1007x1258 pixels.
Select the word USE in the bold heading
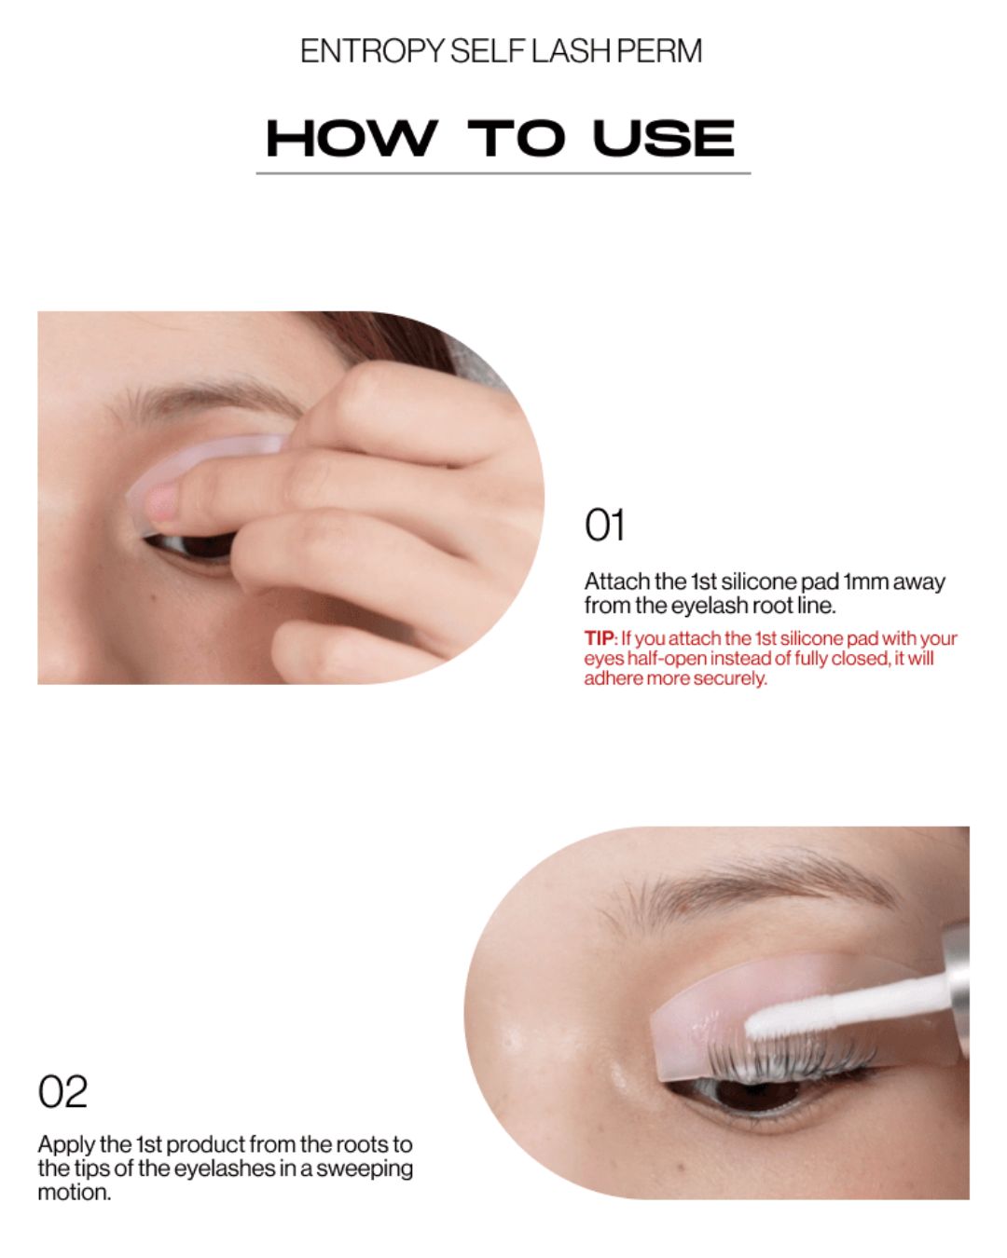663,138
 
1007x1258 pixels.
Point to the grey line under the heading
504,173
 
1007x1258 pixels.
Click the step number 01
604,525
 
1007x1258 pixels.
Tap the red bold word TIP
599,637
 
